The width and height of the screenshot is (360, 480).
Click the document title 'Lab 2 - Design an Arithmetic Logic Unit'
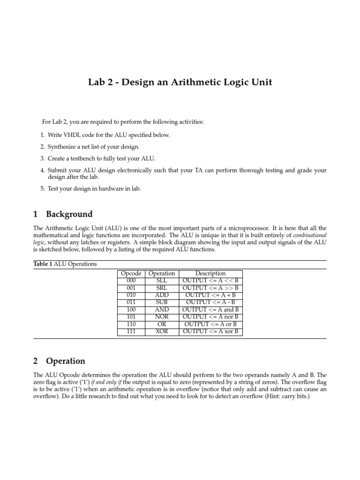coord(180,82)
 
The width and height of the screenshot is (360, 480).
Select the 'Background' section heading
coord(69,214)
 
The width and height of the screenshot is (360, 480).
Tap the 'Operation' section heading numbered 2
coord(65,361)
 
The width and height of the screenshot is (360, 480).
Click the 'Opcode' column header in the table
coord(131,273)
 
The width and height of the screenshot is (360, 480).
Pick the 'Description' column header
coord(210,273)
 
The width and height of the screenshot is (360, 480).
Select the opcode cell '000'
coord(131,280)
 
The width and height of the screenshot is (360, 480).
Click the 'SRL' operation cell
coord(161,288)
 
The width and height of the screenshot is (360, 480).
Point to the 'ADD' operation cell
coord(161,295)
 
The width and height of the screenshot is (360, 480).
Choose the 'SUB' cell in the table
coord(161,302)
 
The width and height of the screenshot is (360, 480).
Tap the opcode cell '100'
coord(131,309)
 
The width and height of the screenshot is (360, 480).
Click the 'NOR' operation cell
coord(161,317)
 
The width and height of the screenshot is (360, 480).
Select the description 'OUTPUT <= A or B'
coord(210,324)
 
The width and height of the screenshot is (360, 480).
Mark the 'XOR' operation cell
coord(161,331)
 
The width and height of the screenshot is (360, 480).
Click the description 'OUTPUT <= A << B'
coord(210,280)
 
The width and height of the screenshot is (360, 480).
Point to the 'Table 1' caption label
coord(43,264)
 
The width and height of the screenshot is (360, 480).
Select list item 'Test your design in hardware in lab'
coord(94,188)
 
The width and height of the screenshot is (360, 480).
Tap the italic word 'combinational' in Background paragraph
coord(310,234)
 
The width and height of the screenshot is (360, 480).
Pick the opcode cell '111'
coord(131,331)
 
